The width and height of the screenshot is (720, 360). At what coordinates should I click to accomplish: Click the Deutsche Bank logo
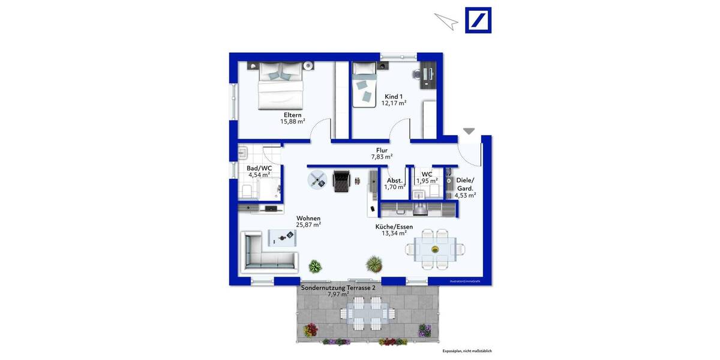478,20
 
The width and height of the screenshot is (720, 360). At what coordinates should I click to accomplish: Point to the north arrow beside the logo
446,21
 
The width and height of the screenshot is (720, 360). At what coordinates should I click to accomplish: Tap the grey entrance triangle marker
469,131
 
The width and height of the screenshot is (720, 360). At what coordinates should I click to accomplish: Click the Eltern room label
293,115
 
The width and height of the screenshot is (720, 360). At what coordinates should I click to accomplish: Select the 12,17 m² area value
394,103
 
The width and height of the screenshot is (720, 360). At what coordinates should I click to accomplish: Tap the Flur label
382,151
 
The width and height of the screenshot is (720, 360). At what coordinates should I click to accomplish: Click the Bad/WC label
259,169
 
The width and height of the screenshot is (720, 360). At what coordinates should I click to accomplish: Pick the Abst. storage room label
394,179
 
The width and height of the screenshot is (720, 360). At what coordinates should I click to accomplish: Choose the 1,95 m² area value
427,181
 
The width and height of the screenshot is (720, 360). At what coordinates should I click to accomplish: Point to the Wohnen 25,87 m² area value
308,225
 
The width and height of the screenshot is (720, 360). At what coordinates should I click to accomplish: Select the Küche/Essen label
394,227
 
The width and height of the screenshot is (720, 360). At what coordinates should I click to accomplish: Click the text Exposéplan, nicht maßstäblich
467,351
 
